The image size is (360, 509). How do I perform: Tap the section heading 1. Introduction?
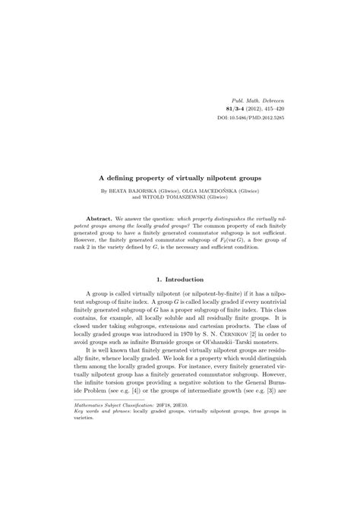tap(180, 280)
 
